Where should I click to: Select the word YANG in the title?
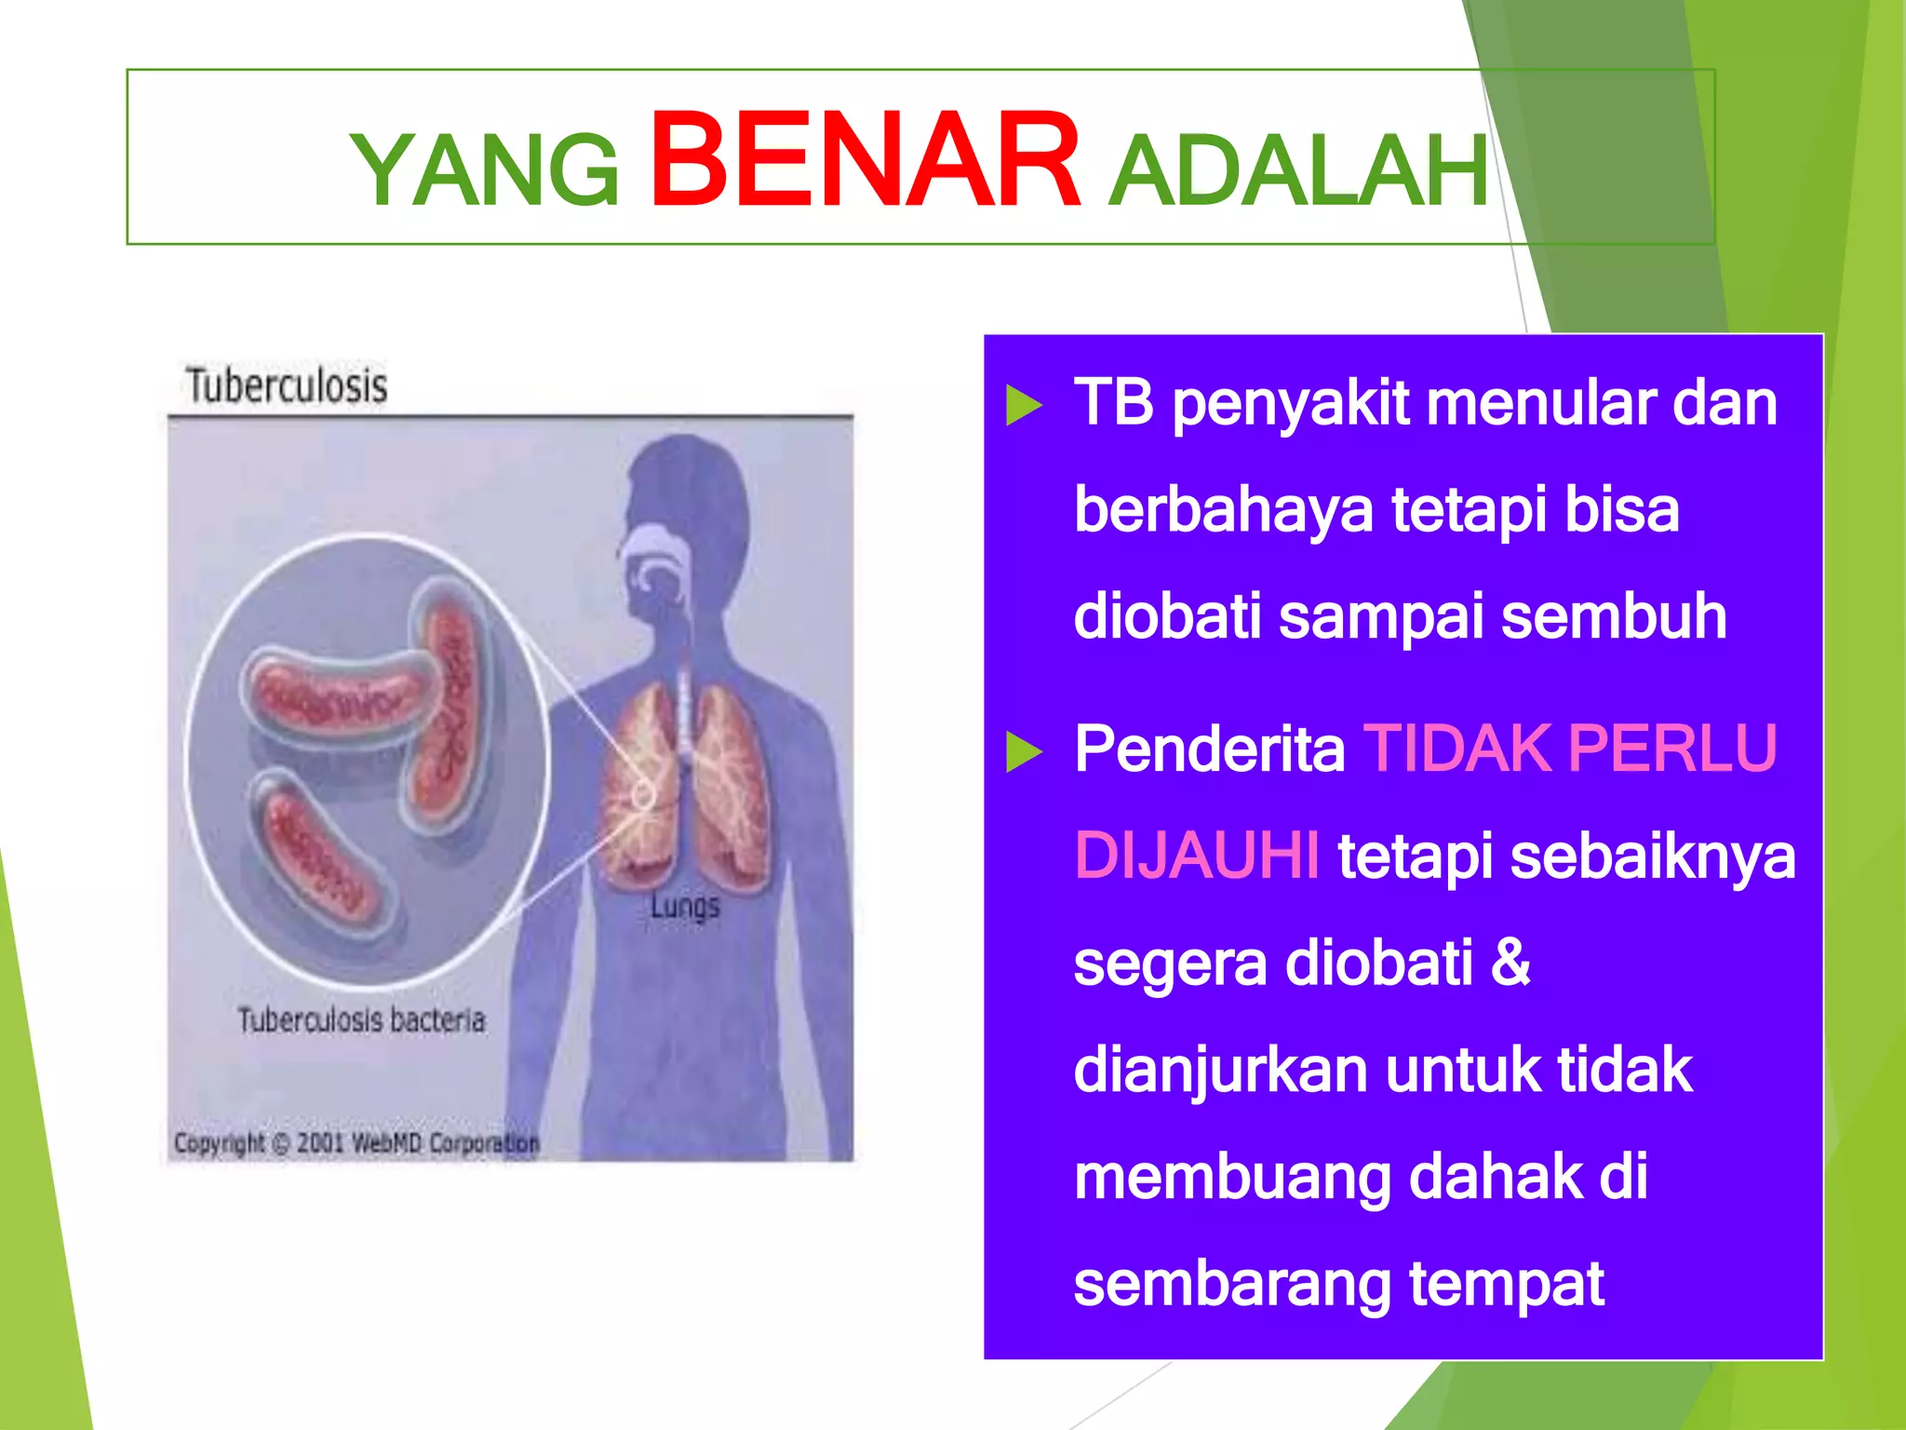tap(485, 170)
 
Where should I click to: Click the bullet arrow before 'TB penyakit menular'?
tap(1024, 406)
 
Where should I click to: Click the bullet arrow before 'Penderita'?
tap(1024, 751)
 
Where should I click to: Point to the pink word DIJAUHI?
tap(1196, 856)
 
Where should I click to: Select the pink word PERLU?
tap(1671, 749)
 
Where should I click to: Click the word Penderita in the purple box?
tap(1209, 749)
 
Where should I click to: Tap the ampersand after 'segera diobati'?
tap(1510, 962)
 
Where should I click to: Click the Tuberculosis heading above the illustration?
tap(287, 385)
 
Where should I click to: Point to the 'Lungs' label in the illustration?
tap(685, 906)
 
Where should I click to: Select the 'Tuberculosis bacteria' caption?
tap(361, 1020)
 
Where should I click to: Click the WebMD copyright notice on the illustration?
tap(356, 1142)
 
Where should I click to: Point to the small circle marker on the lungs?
tap(643, 794)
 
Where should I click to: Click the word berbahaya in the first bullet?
tap(1222, 510)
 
